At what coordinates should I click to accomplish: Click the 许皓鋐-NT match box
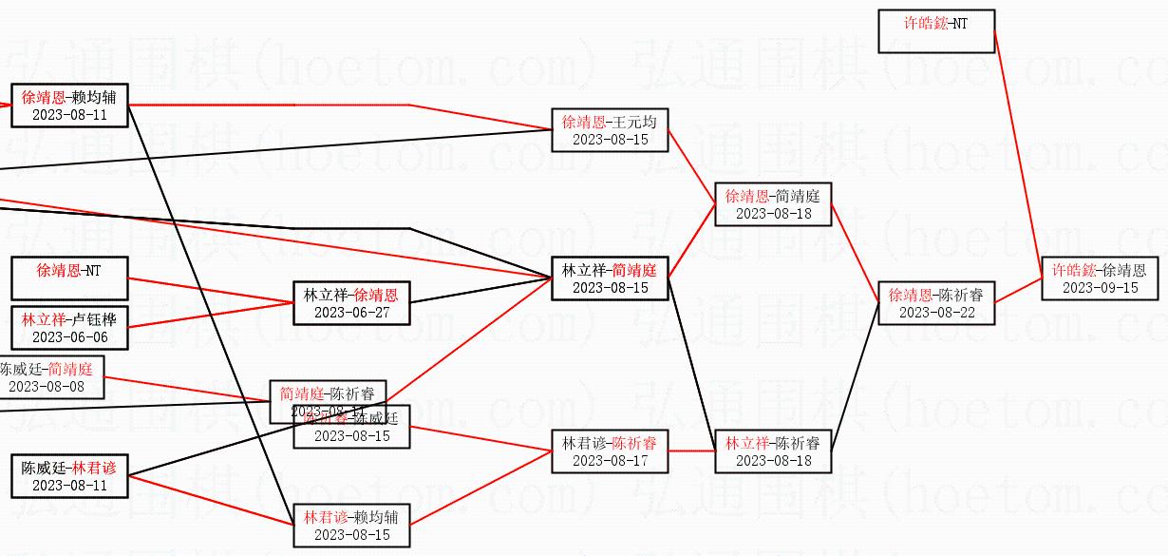936,30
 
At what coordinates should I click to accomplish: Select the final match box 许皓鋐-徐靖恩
1100,278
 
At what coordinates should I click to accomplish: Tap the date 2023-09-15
1100,288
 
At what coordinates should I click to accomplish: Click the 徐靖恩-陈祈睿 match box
936,303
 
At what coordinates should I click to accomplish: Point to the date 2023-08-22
936,313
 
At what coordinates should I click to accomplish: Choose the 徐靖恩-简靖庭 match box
773,204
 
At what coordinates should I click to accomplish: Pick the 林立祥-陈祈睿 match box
773,451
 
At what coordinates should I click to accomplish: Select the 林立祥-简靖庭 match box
610,278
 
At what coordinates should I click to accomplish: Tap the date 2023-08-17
610,461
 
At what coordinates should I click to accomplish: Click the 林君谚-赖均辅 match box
351,526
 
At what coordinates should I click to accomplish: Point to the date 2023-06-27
351,313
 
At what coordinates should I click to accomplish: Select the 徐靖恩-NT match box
68,278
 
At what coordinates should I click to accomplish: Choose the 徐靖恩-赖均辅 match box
68,105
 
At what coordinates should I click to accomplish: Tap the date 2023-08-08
47,387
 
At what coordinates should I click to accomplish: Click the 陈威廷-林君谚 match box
68,476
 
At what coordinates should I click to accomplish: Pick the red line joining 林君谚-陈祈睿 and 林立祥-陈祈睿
691,451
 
